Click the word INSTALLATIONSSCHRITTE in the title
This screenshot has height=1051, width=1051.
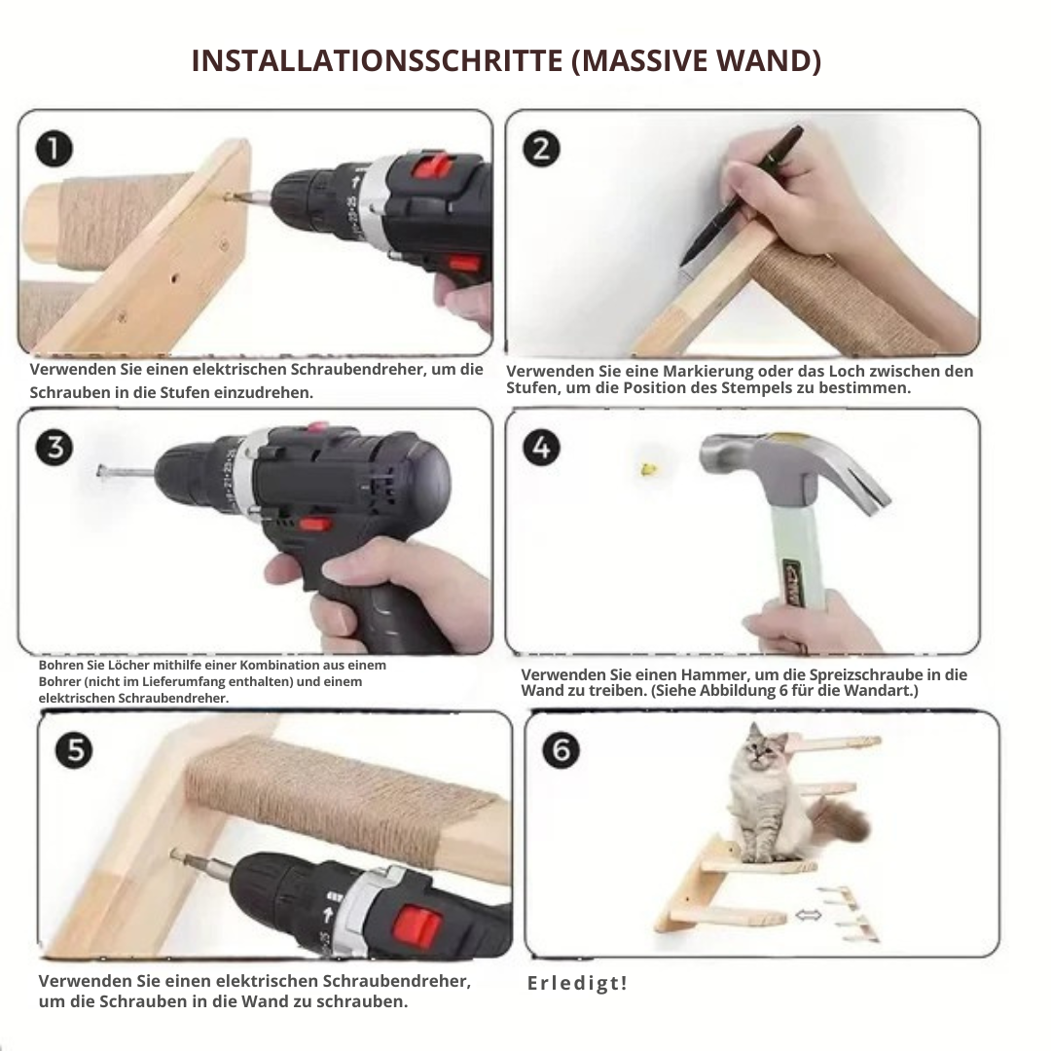point(378,60)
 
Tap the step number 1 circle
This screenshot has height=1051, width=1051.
point(54,149)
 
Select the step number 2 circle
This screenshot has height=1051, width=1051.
point(542,149)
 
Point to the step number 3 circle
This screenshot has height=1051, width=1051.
point(54,448)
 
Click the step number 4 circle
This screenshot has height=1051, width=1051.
point(542,448)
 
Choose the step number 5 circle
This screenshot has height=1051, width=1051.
point(74,750)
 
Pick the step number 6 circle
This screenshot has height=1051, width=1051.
point(562,750)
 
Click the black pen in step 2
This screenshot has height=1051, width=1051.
point(741,197)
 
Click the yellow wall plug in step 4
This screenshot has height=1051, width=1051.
point(648,469)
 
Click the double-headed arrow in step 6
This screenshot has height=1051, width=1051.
point(808,914)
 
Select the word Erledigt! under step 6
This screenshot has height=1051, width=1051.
point(577,983)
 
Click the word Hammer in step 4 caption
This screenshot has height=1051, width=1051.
point(707,675)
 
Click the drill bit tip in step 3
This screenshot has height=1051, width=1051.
point(100,471)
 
